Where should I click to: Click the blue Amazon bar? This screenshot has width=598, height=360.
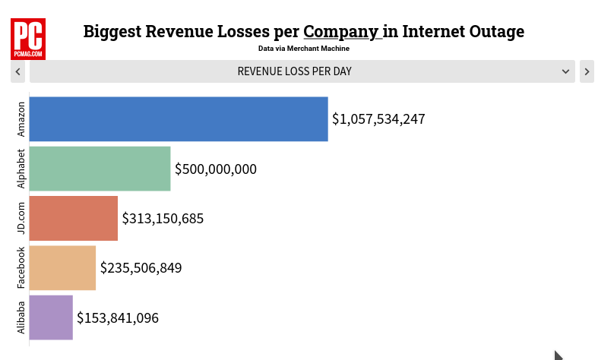tap(179, 119)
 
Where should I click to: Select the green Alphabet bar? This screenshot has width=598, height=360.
tap(100, 169)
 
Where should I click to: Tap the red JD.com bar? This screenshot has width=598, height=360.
tap(74, 219)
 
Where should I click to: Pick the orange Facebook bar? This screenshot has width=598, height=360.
tap(62, 268)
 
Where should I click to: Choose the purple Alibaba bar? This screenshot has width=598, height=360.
tap(51, 317)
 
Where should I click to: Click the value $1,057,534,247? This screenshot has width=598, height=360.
tap(378, 119)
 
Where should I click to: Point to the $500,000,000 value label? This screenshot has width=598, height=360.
tap(216, 169)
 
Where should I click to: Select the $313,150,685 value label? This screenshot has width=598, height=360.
tap(163, 219)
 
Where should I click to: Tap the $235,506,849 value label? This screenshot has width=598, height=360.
tap(141, 268)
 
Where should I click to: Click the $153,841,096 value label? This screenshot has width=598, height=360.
tap(118, 317)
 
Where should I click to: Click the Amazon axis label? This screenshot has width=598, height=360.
tap(21, 119)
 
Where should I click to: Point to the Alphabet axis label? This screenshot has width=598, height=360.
tap(21, 169)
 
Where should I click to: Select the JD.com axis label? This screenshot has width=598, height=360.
tap(21, 219)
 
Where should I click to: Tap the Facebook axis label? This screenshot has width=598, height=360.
tap(21, 268)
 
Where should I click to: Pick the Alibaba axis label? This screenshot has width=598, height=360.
tap(21, 317)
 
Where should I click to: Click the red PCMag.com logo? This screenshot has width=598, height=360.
tap(28, 39)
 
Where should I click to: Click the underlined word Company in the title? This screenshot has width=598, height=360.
tap(340, 32)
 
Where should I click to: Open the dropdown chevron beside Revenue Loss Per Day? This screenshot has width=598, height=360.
tap(566, 71)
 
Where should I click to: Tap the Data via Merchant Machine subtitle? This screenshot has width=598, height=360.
tap(304, 49)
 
